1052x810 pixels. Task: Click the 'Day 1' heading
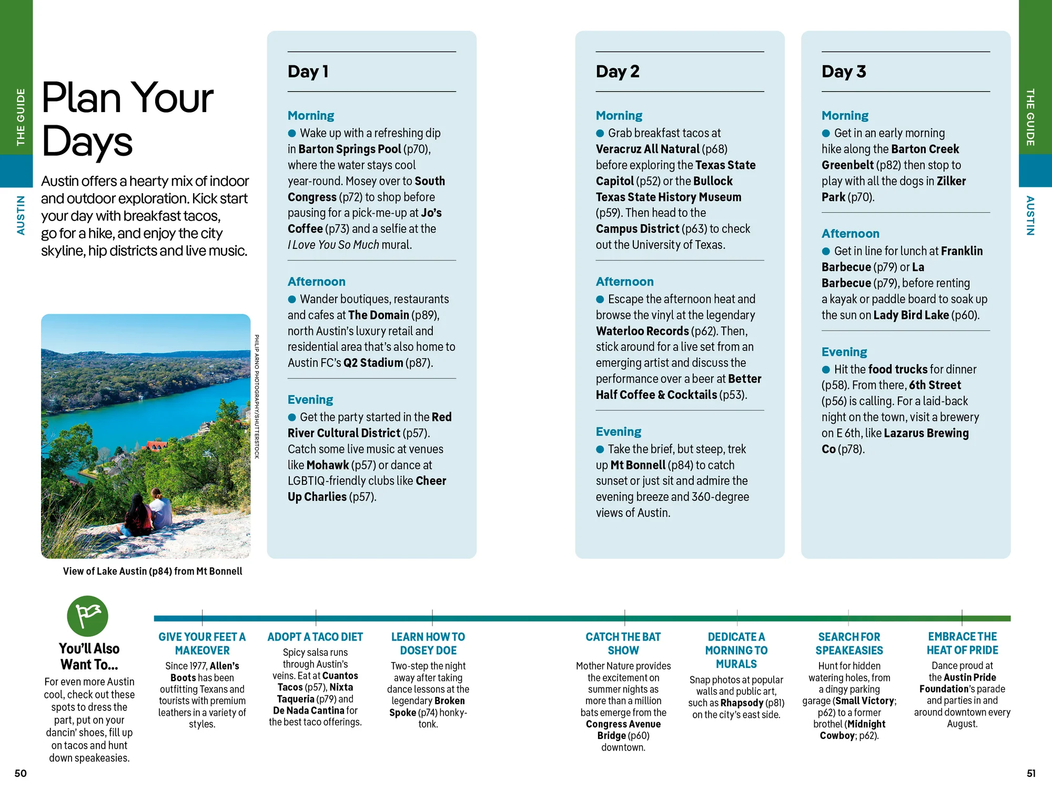(308, 72)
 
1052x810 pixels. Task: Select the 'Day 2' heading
(618, 72)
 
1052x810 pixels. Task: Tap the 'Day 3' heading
(844, 72)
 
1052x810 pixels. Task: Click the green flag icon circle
(87, 616)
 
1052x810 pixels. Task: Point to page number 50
(21, 773)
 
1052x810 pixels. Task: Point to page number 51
(1031, 773)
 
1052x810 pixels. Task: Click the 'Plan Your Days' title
(127, 119)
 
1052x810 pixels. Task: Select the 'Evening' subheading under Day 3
(844, 352)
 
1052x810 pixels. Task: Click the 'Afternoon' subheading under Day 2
(624, 282)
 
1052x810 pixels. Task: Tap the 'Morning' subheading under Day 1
(311, 115)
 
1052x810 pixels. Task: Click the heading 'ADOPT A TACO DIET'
(315, 637)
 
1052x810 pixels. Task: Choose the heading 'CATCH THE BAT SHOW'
(623, 644)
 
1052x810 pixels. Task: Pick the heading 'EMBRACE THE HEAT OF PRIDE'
(962, 643)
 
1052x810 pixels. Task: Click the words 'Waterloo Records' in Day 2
(642, 331)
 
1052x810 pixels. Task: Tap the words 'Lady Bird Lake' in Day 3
(911, 315)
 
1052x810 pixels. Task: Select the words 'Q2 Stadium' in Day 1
(373, 363)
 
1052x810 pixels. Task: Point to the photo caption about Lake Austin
(153, 571)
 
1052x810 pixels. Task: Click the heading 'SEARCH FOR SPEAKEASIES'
(849, 644)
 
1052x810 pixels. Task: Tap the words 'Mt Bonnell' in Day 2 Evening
(638, 465)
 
